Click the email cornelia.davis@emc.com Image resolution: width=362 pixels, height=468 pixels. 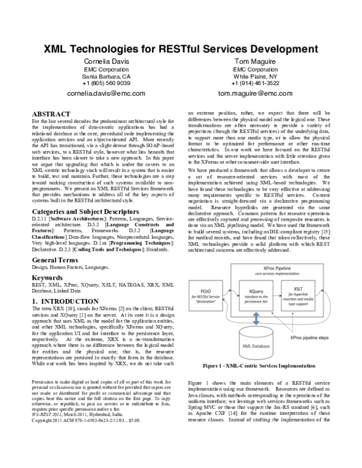(106, 95)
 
